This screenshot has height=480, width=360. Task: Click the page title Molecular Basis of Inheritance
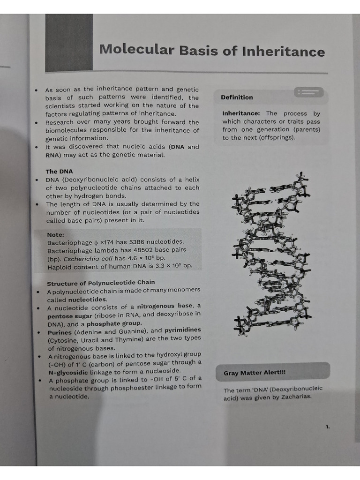pyautogui.click(x=212, y=50)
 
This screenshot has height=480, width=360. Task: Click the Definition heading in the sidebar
pyautogui.click(x=237, y=97)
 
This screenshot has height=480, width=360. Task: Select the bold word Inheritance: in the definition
pyautogui.click(x=241, y=113)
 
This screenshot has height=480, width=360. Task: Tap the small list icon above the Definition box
pyautogui.click(x=308, y=92)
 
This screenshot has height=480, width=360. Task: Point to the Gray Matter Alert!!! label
pyautogui.click(x=255, y=373)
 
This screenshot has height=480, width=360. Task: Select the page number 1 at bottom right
pyautogui.click(x=328, y=427)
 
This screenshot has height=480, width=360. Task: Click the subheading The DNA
pyautogui.click(x=59, y=172)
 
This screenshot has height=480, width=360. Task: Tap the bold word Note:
pyautogui.click(x=56, y=234)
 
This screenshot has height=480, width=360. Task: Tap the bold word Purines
pyautogui.click(x=60, y=332)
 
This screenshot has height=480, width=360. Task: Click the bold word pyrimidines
pyautogui.click(x=182, y=330)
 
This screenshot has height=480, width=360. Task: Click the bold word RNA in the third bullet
pyautogui.click(x=52, y=155)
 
